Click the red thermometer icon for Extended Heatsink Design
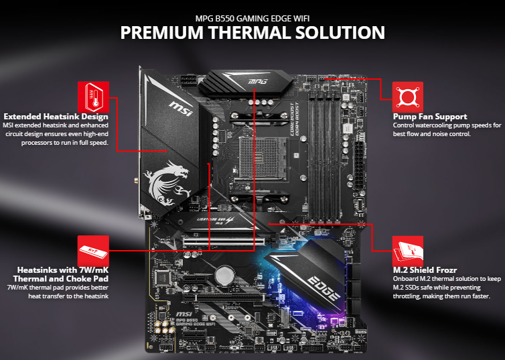coord(93,97)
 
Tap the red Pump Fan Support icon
coord(407,97)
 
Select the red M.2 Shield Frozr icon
coord(407,251)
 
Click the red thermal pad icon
coord(93,251)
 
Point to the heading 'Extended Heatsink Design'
coord(56,117)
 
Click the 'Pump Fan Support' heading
coord(430,117)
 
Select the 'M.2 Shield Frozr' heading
coord(425,270)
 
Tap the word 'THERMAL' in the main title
coord(249,32)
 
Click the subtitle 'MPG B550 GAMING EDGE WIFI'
coord(252,18)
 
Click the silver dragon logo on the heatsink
coord(167,184)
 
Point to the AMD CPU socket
coord(263,158)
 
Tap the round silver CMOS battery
coord(224,275)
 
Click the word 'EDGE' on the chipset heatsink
coord(323,288)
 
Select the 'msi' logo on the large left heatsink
coord(182,109)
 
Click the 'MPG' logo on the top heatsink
coord(258,81)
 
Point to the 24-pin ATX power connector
coord(359,166)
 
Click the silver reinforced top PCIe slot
coord(224,241)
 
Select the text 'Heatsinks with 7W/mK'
coord(63,269)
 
